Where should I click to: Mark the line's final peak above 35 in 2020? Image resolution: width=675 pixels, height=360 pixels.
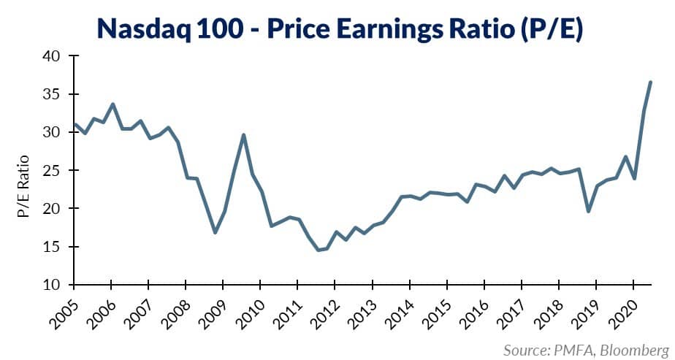[x=650, y=82]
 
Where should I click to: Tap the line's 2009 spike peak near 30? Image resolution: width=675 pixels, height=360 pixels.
[x=243, y=134]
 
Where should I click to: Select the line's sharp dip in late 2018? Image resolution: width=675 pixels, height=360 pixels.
[x=587, y=211]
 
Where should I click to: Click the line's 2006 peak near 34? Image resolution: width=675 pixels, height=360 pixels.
[x=113, y=104]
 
